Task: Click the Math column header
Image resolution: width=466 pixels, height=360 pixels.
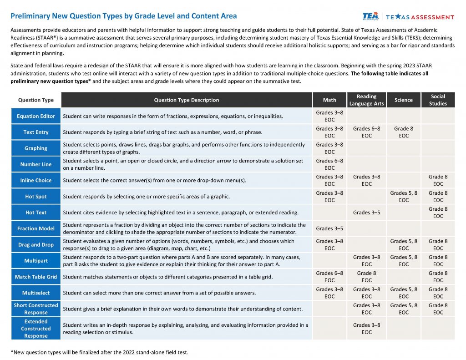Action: tap(329, 100)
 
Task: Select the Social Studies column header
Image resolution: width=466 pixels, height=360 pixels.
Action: tap(437, 100)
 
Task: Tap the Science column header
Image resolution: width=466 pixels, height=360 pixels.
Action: tap(403, 100)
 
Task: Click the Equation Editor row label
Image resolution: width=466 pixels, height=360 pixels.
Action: tap(36, 116)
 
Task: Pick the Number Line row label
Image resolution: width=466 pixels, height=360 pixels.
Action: tap(36, 164)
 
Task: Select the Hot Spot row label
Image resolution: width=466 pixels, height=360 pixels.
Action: tap(36, 197)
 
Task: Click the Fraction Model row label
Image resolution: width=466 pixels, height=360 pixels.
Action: tap(36, 228)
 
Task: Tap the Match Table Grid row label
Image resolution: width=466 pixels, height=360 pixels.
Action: tap(36, 277)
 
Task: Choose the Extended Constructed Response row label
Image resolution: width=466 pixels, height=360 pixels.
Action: tap(36, 329)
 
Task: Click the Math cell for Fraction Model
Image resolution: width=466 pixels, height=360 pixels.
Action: tap(329, 228)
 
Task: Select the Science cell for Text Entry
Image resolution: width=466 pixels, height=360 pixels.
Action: tap(403, 132)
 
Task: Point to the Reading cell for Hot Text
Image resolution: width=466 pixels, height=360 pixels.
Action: tap(366, 213)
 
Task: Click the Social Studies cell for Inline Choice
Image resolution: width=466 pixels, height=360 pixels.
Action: tap(437, 180)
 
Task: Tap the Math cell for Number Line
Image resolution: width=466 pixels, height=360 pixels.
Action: tap(329, 164)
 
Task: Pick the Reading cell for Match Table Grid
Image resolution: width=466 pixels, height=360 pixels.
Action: tap(366, 277)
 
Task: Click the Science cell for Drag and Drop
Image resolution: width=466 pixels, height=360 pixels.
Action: tap(403, 244)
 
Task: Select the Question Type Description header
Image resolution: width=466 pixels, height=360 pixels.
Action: tap(186, 100)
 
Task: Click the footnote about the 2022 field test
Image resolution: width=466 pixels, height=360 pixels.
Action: tap(99, 352)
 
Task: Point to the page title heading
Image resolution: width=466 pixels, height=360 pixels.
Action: tap(123, 16)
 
